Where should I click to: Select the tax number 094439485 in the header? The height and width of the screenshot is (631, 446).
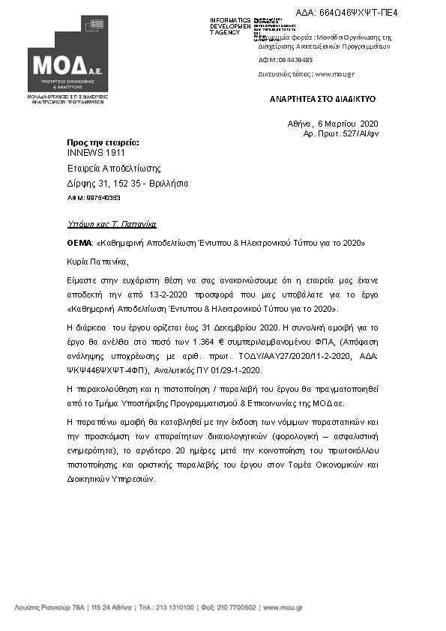pos(295,59)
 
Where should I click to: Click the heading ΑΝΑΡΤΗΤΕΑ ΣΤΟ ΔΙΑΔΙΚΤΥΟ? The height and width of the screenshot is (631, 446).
pos(323,99)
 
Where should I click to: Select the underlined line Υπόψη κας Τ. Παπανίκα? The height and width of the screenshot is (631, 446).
pos(112,224)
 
